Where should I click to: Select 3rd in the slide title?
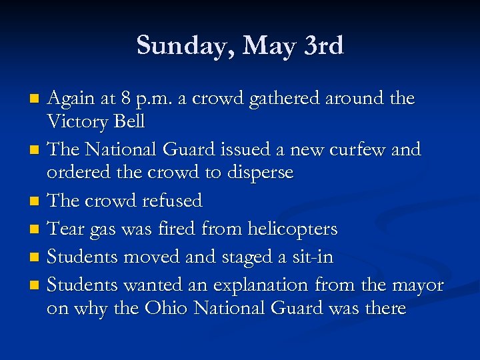click(x=323, y=46)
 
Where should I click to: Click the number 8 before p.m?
click(x=127, y=99)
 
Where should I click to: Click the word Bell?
click(x=128, y=123)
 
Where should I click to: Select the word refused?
click(x=171, y=200)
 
